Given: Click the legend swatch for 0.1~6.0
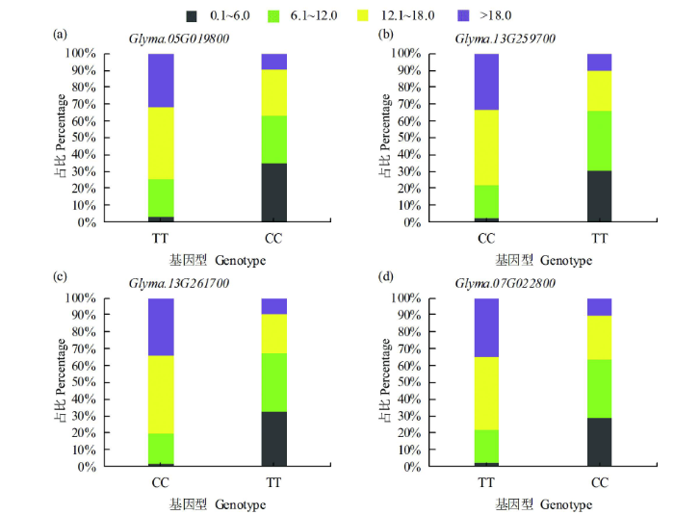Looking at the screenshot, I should click(192, 16).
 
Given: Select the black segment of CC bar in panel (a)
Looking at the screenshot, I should click(274, 193).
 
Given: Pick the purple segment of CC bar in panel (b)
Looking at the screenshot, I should click(486, 82).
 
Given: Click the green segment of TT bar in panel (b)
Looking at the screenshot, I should click(600, 141).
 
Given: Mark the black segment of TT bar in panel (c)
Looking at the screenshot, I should click(274, 439).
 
